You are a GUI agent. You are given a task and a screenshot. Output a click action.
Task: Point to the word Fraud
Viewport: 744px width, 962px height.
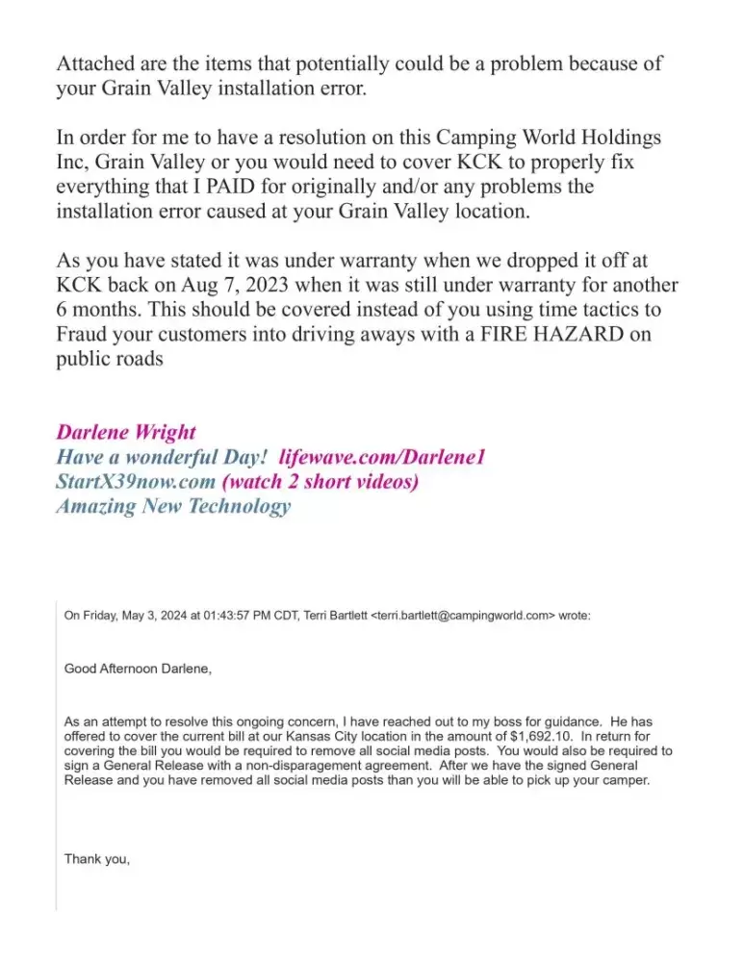coord(84,336)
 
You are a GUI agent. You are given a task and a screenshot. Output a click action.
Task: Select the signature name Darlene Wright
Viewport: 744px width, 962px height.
coord(126,432)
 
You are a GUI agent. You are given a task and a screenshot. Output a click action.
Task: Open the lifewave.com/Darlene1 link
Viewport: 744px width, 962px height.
coord(381,457)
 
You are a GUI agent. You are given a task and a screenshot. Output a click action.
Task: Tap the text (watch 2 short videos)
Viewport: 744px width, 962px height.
coord(320,482)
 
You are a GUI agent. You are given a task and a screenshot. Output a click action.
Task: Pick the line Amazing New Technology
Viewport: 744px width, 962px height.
coord(173,507)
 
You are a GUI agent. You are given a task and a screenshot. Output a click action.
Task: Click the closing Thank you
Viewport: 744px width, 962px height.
coord(96,858)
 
